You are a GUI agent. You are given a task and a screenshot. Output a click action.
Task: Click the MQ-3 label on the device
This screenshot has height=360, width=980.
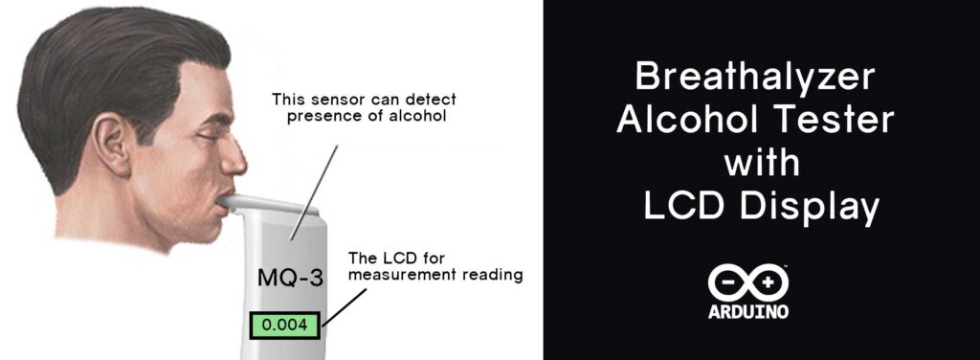[x=291, y=278]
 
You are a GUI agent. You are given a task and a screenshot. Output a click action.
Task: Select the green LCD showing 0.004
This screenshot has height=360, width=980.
[x=284, y=325]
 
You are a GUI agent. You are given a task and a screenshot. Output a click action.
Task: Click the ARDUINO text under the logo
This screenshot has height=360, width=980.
[x=748, y=311]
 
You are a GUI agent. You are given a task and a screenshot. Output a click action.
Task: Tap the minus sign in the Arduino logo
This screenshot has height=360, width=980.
[x=727, y=282]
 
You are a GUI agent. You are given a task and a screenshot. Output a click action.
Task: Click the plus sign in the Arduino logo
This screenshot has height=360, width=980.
[x=768, y=282]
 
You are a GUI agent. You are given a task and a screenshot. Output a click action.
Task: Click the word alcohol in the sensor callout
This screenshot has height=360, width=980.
[x=417, y=116]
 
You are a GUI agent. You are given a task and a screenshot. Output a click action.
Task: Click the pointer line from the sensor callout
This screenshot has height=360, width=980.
[x=314, y=192]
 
